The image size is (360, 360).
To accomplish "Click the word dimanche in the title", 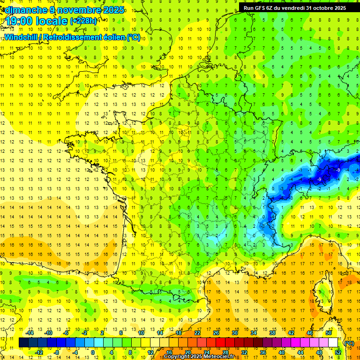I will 24,10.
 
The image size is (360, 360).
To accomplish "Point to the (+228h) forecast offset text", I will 83,21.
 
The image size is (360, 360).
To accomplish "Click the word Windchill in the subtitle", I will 22,37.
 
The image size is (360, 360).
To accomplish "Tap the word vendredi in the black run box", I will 291,8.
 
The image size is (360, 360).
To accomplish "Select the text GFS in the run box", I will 260,8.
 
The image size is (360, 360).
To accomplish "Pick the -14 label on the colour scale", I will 30,333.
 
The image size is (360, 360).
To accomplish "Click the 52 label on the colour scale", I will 337,352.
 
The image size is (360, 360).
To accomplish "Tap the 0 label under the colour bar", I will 93,352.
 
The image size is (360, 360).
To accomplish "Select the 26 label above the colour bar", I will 216,333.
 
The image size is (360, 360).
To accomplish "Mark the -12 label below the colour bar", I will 39,352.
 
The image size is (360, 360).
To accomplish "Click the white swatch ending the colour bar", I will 333,343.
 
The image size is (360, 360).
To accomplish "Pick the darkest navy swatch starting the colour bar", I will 23,343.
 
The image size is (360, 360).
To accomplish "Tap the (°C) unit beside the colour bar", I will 349,343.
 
